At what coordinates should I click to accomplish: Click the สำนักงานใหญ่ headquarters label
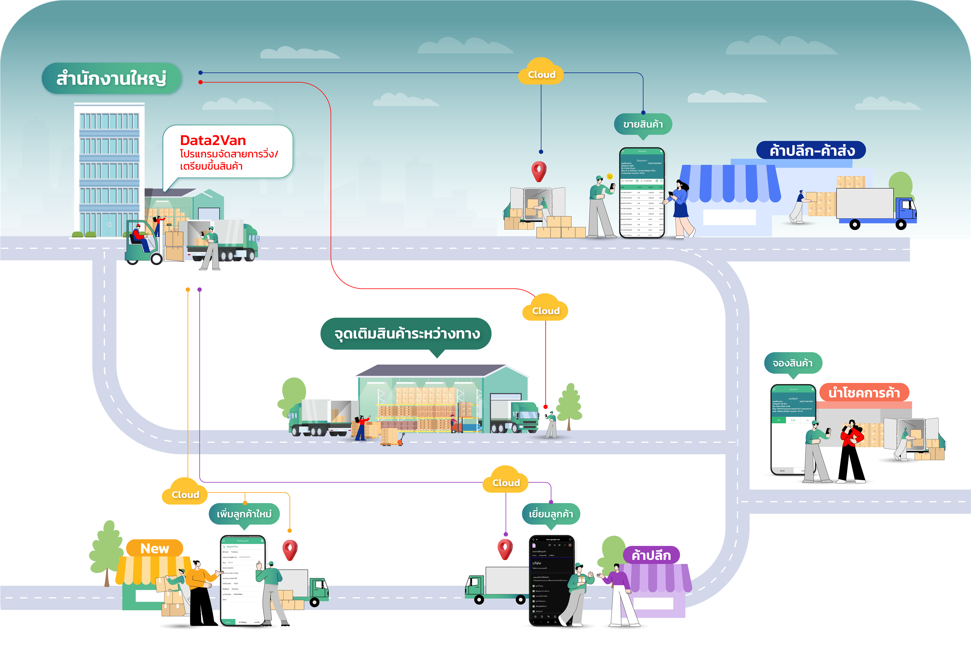(x=111, y=78)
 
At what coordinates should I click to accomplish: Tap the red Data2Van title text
(x=213, y=141)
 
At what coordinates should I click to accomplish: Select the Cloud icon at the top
(x=541, y=73)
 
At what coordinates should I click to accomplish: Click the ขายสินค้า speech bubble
(x=642, y=124)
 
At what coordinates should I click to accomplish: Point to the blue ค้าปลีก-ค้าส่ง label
(x=811, y=151)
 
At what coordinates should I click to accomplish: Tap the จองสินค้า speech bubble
(x=793, y=363)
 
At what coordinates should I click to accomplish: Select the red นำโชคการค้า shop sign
(x=864, y=393)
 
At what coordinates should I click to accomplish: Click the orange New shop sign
(x=155, y=548)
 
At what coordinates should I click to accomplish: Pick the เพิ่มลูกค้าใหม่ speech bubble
(x=244, y=514)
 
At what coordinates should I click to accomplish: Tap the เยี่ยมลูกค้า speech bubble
(x=551, y=514)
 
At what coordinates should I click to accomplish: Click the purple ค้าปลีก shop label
(x=651, y=555)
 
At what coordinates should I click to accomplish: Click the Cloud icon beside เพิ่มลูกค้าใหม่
(x=185, y=493)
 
